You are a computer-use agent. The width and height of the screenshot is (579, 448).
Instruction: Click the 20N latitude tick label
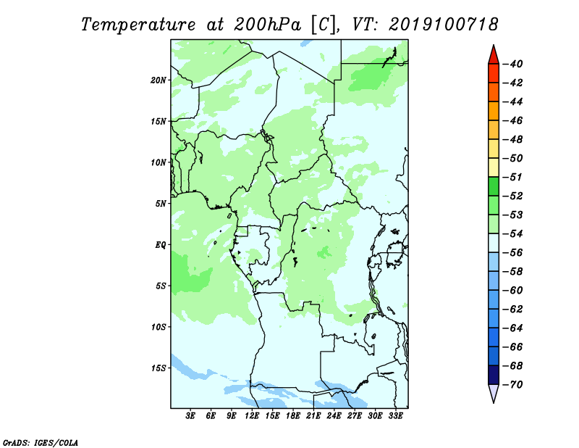tap(158, 80)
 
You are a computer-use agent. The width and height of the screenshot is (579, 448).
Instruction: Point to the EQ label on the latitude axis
tap(160, 245)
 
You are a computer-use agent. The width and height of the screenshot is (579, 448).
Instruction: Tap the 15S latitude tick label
tap(158, 368)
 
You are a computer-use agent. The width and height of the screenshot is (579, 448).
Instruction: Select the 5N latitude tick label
tap(160, 204)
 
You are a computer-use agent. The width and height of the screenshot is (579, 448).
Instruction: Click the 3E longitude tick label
tap(190, 415)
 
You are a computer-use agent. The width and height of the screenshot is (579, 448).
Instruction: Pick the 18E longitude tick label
tap(293, 415)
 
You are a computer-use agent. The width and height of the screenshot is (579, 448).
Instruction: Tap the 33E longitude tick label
tap(395, 415)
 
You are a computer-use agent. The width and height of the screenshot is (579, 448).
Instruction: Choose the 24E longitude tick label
tap(334, 415)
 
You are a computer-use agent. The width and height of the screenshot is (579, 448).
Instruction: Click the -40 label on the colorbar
tap(513, 64)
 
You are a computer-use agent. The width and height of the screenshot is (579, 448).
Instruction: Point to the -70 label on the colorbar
tap(513, 385)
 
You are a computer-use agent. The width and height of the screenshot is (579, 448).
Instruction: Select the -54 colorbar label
tap(513, 234)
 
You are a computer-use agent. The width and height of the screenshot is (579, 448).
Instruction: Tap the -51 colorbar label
tap(513, 177)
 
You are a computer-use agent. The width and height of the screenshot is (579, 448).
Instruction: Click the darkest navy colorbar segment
tap(494, 375)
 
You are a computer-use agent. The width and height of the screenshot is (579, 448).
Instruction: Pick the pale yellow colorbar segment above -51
tap(494, 167)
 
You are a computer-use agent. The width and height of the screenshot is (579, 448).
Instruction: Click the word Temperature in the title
tap(138, 25)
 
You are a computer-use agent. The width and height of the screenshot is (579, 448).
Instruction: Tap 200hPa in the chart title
tap(268, 25)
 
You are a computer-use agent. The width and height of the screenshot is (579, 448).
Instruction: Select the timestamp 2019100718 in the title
tap(444, 25)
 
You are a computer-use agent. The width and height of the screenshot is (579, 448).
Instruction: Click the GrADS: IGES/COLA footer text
tap(41, 442)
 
